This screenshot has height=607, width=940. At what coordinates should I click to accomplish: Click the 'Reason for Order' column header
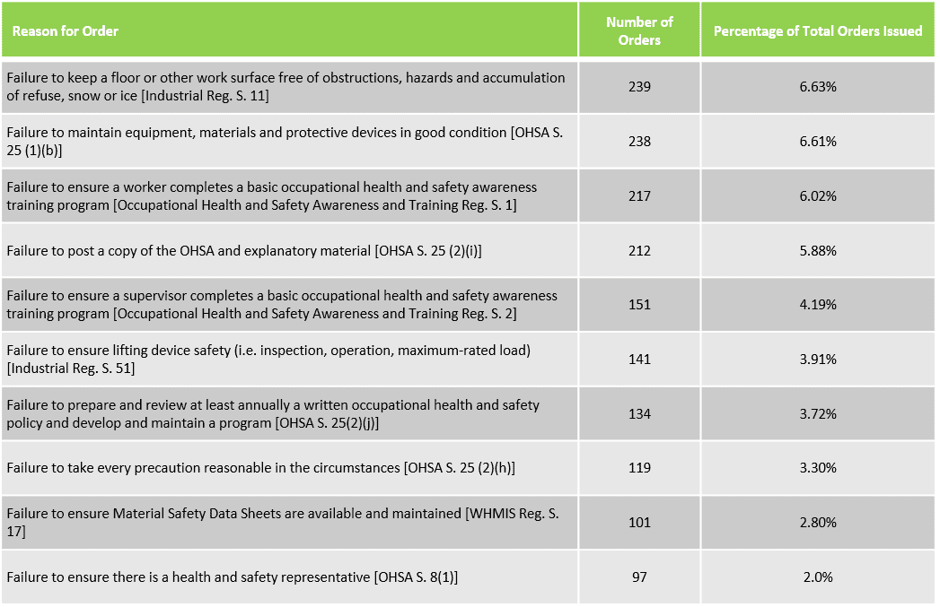(x=66, y=31)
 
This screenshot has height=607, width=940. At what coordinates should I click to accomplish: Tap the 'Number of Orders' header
(x=639, y=31)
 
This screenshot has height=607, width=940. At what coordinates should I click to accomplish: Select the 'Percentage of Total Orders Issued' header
(x=818, y=31)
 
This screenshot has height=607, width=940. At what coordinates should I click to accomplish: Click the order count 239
(x=639, y=87)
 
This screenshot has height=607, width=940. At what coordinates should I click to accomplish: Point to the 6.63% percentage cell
(x=818, y=87)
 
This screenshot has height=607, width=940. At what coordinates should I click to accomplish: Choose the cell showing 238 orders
(x=639, y=142)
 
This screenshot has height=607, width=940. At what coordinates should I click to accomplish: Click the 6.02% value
(x=818, y=196)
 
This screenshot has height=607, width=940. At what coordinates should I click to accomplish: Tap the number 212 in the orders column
(x=639, y=251)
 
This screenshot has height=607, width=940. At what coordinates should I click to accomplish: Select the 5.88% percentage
(x=818, y=251)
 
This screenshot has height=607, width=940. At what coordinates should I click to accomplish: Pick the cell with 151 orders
(x=639, y=305)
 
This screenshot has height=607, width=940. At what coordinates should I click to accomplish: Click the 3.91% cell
(x=818, y=360)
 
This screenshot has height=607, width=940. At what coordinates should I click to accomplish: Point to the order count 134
(x=639, y=413)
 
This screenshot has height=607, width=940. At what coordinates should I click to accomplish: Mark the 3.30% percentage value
(x=818, y=467)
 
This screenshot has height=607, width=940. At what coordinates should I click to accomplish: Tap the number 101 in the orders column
(x=639, y=523)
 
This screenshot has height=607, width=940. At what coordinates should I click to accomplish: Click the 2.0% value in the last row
(x=818, y=577)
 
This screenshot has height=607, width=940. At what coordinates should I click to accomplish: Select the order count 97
(x=639, y=577)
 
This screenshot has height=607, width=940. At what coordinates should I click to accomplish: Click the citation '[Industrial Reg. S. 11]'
(x=205, y=96)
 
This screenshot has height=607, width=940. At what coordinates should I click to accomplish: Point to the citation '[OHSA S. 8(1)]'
(x=416, y=577)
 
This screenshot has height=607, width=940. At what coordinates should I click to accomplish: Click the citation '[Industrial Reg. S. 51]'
(x=71, y=369)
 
